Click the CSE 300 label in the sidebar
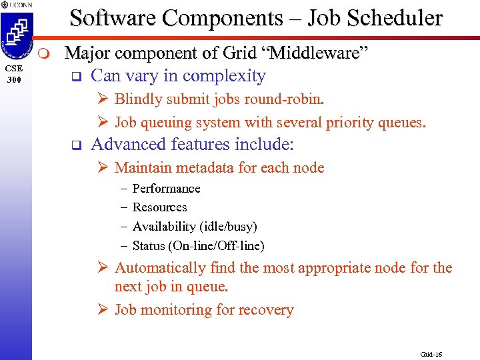[x=15, y=74]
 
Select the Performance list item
[x=166, y=189]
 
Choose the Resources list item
[x=159, y=207]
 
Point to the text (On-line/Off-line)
[x=217, y=246]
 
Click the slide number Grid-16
[x=431, y=354]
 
